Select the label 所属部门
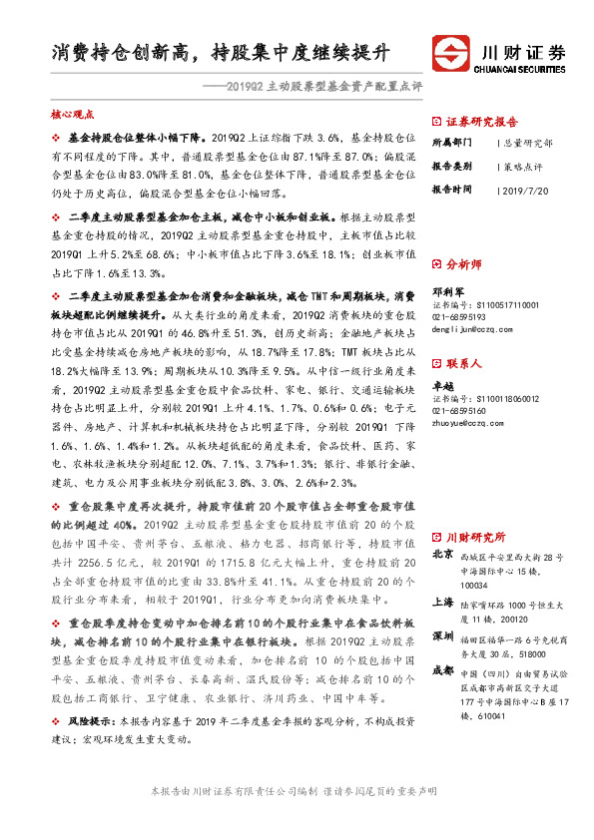pyautogui.click(x=451, y=144)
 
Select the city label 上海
pyautogui.click(x=441, y=603)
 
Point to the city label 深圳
pyautogui.click(x=441, y=635)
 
